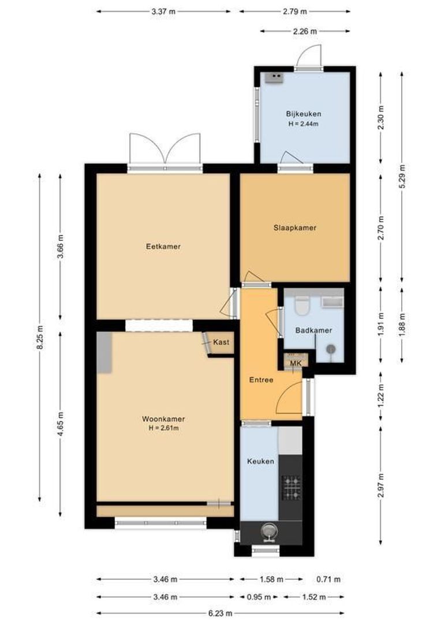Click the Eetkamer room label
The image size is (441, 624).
(163, 247)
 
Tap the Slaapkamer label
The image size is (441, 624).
(294, 228)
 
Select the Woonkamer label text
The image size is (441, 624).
(163, 419)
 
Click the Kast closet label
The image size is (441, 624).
(221, 343)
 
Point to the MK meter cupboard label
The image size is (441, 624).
(296, 363)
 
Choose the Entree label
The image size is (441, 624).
(261, 380)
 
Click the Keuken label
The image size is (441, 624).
(260, 462)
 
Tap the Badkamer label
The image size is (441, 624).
(313, 330)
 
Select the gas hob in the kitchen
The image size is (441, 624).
(291, 487)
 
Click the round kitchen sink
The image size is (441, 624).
(268, 530)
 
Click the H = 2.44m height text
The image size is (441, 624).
(303, 124)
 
